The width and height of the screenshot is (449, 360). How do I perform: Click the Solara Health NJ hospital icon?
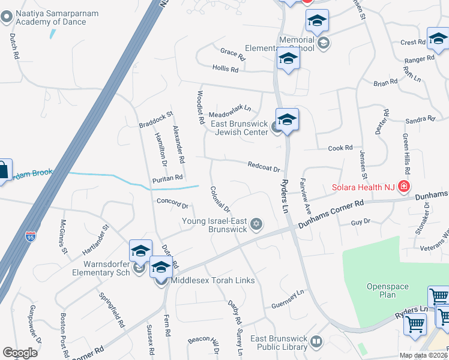(404, 187)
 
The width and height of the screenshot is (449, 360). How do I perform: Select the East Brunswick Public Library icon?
(316, 341)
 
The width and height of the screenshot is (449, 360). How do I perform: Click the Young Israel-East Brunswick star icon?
(256, 224)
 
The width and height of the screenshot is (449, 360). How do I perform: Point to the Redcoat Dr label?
(264, 166)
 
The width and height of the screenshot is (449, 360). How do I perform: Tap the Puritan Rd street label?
(167, 178)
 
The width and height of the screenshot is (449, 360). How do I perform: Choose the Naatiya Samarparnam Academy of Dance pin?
(7, 17)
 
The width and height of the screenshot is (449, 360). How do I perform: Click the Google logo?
(20, 353)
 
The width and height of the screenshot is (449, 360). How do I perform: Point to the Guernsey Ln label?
(288, 293)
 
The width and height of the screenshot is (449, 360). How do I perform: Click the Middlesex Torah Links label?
(212, 280)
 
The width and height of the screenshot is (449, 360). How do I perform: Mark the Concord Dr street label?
(172, 203)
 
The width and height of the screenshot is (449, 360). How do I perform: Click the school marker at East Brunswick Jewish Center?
(287, 119)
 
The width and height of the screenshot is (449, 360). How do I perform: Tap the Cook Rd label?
(340, 148)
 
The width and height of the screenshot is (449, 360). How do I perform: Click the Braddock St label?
(155, 119)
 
